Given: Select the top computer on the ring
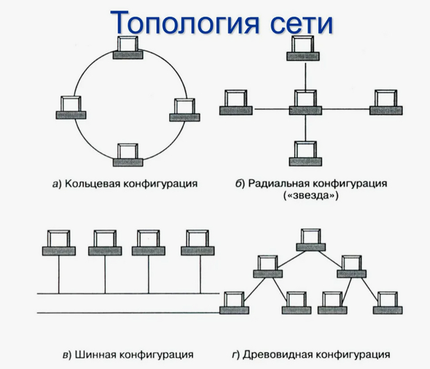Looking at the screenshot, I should [x=128, y=48].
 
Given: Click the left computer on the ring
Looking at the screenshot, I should [x=71, y=107].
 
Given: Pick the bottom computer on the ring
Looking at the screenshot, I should [x=128, y=153].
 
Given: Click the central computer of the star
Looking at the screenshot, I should [x=305, y=102].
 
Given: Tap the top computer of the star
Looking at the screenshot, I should [x=304, y=47].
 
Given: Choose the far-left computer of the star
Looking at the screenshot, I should [x=235, y=102].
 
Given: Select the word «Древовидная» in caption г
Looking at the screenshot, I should [x=273, y=354].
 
